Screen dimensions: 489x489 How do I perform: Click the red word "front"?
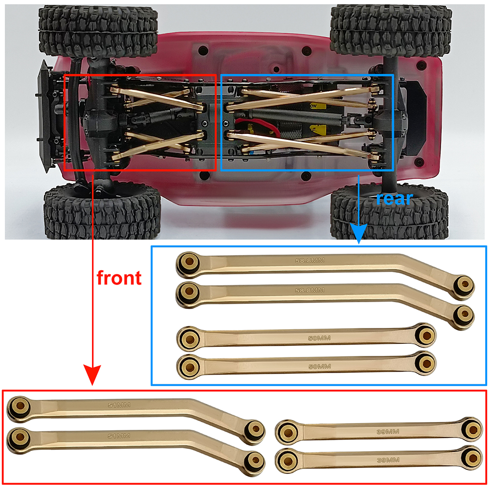click(x=119, y=278)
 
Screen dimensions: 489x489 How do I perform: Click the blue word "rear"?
click(x=394, y=199)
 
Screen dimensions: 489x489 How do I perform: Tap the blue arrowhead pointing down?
click(x=358, y=233)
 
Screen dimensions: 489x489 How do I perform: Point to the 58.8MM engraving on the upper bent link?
click(x=310, y=260)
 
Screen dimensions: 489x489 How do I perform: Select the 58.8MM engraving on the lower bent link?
click(x=310, y=290)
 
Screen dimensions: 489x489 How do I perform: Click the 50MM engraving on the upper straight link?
click(x=319, y=338)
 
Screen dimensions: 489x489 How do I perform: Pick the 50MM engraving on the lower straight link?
click(x=320, y=366)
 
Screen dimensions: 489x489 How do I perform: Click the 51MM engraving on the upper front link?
click(x=119, y=405)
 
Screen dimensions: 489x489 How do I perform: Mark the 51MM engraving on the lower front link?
click(x=119, y=436)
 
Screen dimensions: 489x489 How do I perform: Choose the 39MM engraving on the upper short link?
click(x=388, y=432)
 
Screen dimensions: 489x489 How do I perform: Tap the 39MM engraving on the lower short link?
click(x=388, y=460)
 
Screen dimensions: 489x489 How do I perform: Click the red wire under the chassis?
click(x=259, y=125)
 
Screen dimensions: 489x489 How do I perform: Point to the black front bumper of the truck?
click(x=44, y=116)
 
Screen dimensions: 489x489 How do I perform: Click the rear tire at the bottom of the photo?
click(x=390, y=212)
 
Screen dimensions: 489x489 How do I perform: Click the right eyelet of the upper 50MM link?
click(x=425, y=335)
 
